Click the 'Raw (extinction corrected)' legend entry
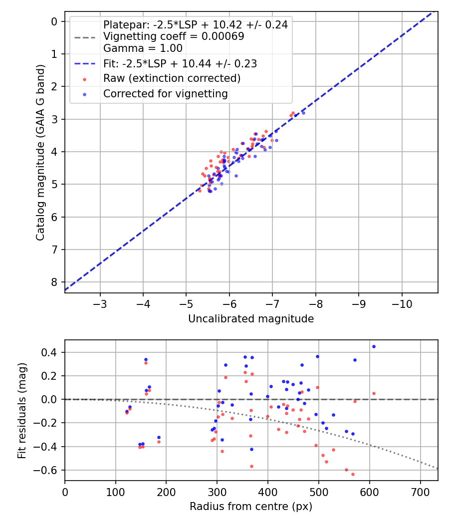172,78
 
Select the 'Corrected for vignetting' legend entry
165,93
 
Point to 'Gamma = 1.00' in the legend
143,48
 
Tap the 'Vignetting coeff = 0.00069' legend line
174,36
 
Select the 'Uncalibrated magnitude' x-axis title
251,319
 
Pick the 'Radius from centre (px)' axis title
251,507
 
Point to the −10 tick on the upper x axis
402,303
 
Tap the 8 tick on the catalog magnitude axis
55,282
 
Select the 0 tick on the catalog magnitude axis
55,21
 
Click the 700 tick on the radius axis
420,491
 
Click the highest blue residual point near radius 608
374,346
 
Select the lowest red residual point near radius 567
353,474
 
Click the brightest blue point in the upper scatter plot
303,113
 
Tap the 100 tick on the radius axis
116,491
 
